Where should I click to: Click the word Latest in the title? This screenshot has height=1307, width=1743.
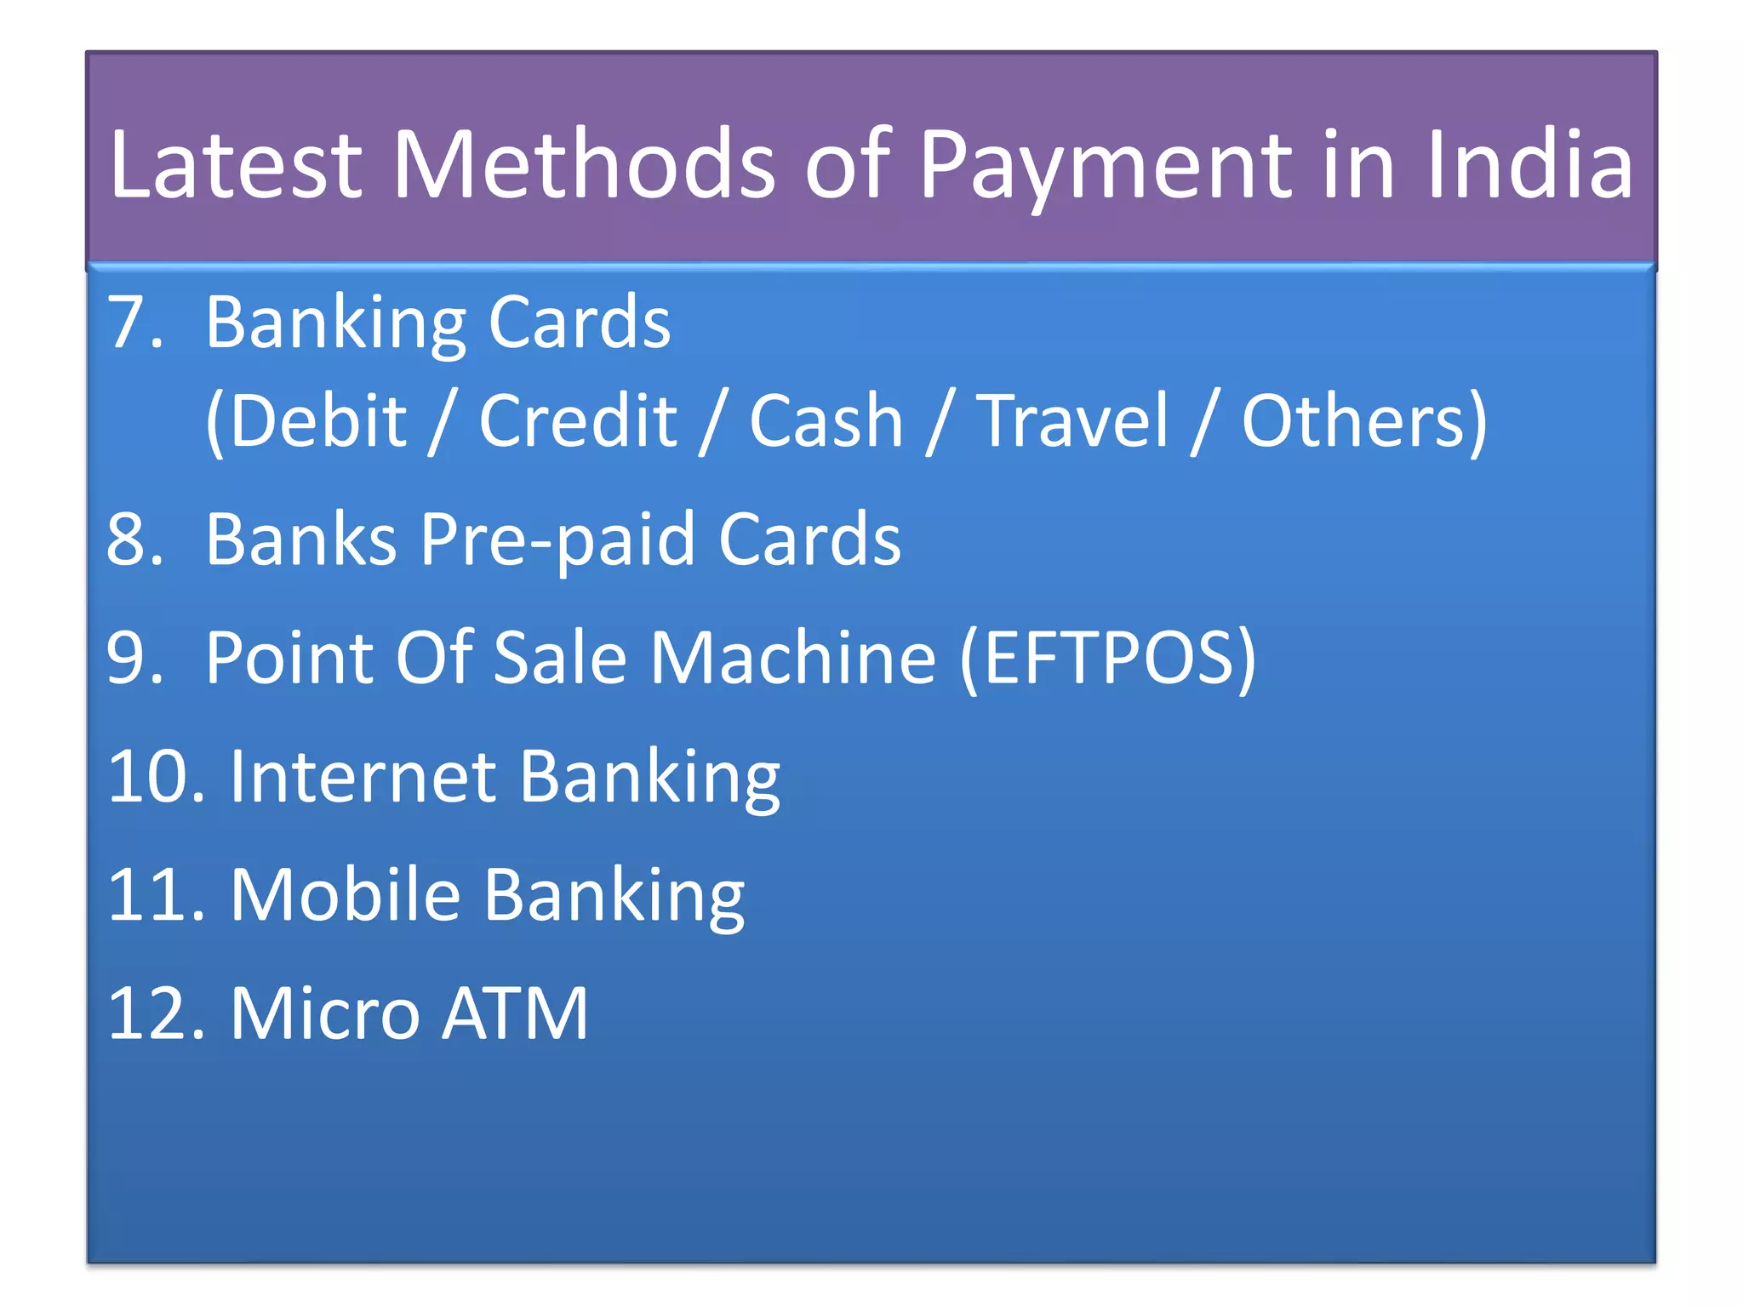236,165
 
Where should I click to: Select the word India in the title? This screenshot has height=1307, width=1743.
1529,165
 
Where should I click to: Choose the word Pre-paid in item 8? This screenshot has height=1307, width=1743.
558,539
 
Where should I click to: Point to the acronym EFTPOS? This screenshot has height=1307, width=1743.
1106,658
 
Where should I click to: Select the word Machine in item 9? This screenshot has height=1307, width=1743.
793,658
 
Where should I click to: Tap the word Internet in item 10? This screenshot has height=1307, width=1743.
363,776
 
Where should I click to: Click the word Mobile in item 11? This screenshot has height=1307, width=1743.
346,894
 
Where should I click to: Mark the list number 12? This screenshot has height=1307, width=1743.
157,1013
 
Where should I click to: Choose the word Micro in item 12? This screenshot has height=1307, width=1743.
325,1013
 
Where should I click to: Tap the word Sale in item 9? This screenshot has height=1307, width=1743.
559,658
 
